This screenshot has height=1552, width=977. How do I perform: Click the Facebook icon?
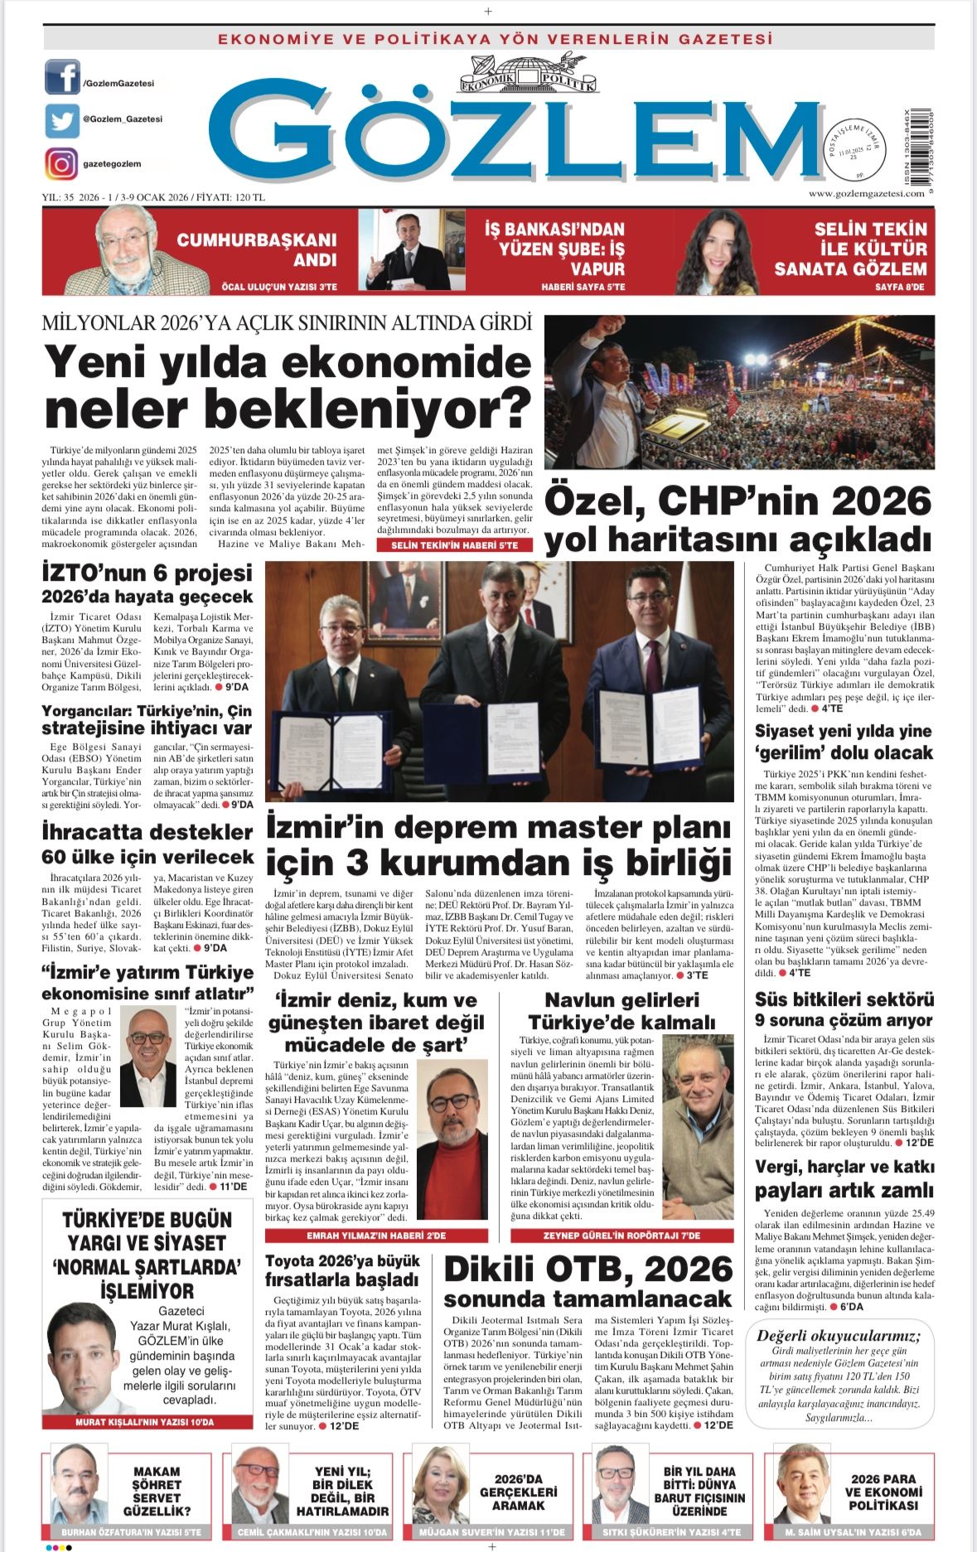(62, 77)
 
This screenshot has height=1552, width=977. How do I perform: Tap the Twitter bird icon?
(62, 121)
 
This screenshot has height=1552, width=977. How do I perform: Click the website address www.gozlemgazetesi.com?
(866, 193)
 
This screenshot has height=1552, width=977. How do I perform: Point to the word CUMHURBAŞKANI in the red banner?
(257, 240)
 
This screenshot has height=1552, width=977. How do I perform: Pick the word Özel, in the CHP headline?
(594, 501)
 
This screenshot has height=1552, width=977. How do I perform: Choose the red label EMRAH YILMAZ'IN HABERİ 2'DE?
(376, 1235)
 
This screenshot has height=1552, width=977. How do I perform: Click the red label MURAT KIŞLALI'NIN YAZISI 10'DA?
(144, 1422)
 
